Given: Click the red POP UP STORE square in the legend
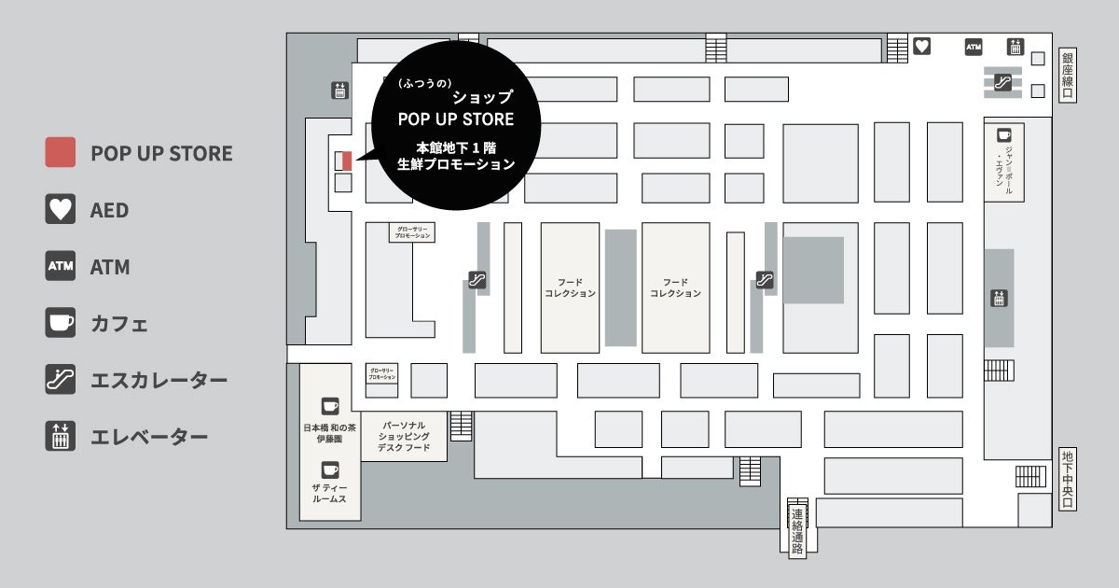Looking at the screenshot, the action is click(61, 152).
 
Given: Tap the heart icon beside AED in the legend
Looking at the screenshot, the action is click(61, 209).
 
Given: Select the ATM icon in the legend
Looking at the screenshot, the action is click(61, 267).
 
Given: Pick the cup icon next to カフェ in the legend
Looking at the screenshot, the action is click(61, 323).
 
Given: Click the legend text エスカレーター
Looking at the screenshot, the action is click(159, 381).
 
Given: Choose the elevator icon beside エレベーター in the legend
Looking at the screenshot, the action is click(61, 437).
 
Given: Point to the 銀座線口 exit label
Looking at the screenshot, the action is click(1068, 76).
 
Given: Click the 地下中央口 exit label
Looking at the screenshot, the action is click(1068, 480).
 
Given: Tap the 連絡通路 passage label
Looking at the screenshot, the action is click(797, 531).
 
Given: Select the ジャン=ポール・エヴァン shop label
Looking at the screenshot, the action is click(1003, 168).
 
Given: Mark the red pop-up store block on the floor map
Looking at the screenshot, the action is click(347, 161).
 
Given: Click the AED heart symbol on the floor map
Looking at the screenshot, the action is click(921, 46).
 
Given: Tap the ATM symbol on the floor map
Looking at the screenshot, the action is click(974, 46).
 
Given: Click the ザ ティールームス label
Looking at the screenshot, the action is click(330, 495).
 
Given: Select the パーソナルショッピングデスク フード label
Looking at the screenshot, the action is click(404, 436).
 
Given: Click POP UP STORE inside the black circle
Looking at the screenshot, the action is click(456, 119).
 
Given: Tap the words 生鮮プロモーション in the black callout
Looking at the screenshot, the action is click(456, 164).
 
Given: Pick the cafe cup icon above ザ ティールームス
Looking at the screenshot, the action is click(330, 470).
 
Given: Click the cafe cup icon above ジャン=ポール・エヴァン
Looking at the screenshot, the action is click(1004, 135).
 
